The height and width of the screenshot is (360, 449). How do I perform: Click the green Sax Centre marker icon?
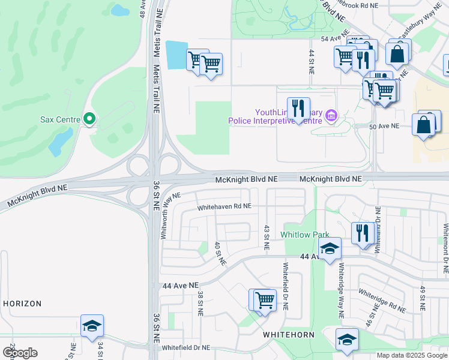(89, 120)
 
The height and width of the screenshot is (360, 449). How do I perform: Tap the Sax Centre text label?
(60, 120)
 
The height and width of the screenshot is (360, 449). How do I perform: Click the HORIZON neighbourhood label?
(22, 304)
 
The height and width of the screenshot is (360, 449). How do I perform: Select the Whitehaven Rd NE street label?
(224, 206)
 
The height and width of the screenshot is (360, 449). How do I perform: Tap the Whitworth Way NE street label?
(170, 216)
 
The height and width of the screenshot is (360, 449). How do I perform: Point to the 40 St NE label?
(220, 254)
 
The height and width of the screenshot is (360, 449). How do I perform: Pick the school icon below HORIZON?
(92, 326)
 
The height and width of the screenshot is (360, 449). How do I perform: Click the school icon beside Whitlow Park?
(330, 249)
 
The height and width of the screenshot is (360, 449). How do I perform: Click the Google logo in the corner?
(20, 352)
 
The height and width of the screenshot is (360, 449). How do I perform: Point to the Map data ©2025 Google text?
(411, 355)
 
